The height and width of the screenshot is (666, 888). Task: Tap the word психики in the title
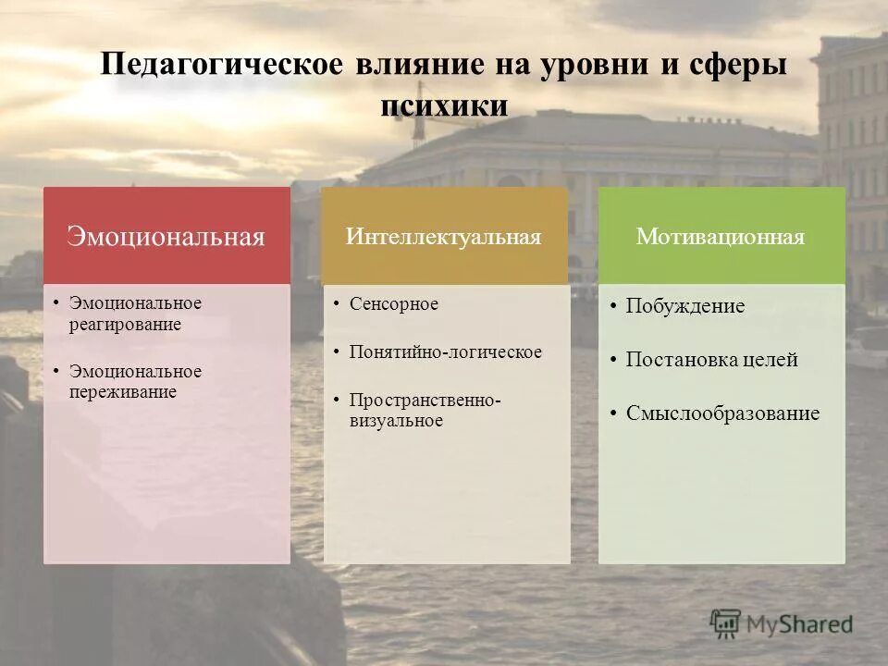coord(444,105)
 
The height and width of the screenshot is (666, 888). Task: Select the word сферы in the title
coord(736,67)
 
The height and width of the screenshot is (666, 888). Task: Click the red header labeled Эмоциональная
coord(166,237)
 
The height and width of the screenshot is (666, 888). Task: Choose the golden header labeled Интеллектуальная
coord(444,237)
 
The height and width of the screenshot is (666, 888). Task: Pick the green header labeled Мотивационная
coord(721,237)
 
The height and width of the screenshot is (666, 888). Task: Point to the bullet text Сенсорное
coord(394,304)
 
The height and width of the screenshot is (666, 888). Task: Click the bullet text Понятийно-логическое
coord(446,352)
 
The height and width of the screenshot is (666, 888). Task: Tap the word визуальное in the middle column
coord(396,421)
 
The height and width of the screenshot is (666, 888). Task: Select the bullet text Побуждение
coord(685,306)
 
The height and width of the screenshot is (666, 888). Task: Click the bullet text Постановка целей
coord(711,360)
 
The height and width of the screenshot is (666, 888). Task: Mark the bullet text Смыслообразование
coord(722,413)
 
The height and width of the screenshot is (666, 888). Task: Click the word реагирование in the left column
coord(125,325)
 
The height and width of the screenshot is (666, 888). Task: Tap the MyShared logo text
coord(800,624)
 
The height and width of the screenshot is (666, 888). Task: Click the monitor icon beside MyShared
coord(726,624)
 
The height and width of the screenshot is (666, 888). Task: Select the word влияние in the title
coord(417,67)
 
